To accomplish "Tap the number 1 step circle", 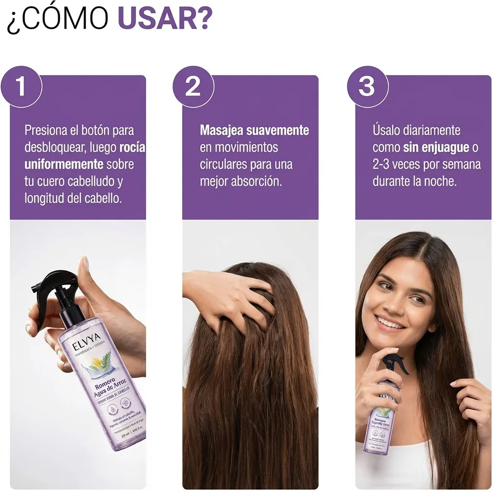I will [21, 87].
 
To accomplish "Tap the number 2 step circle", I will [193, 87].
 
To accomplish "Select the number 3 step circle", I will [367, 87].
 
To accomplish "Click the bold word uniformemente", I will [64, 164].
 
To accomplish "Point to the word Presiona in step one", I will [46, 130].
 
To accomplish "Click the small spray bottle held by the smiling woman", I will [384, 413].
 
